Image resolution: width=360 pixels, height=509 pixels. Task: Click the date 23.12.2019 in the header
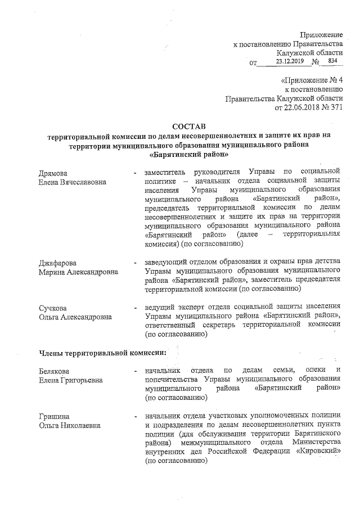[x=289, y=61]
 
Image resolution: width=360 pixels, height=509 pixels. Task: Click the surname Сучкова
[x=53, y=307]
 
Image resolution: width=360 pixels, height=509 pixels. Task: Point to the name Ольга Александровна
[x=75, y=317]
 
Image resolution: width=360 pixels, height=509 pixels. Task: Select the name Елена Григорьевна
[x=71, y=380]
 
